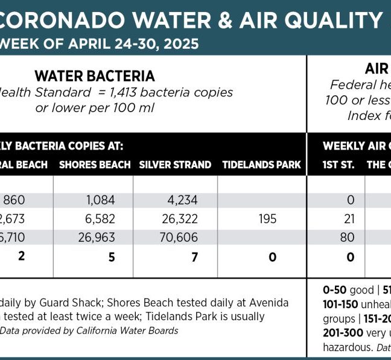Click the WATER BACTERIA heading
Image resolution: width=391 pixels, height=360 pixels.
point(95,76)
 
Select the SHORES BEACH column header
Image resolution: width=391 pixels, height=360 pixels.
point(95,165)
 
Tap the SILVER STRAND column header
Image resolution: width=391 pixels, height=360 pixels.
point(175,165)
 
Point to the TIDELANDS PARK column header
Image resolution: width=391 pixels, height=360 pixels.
point(261,165)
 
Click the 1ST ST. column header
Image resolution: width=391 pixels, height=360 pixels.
point(339,165)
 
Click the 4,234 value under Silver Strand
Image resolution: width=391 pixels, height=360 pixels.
point(179,200)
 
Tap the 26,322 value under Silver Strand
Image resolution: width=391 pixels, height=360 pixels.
point(177,218)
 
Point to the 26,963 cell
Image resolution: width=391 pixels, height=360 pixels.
point(97,238)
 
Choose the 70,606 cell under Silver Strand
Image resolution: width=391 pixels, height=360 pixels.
point(177,238)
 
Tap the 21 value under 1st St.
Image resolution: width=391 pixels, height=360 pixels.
point(347,218)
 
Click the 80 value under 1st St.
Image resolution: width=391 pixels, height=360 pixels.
point(347,238)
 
